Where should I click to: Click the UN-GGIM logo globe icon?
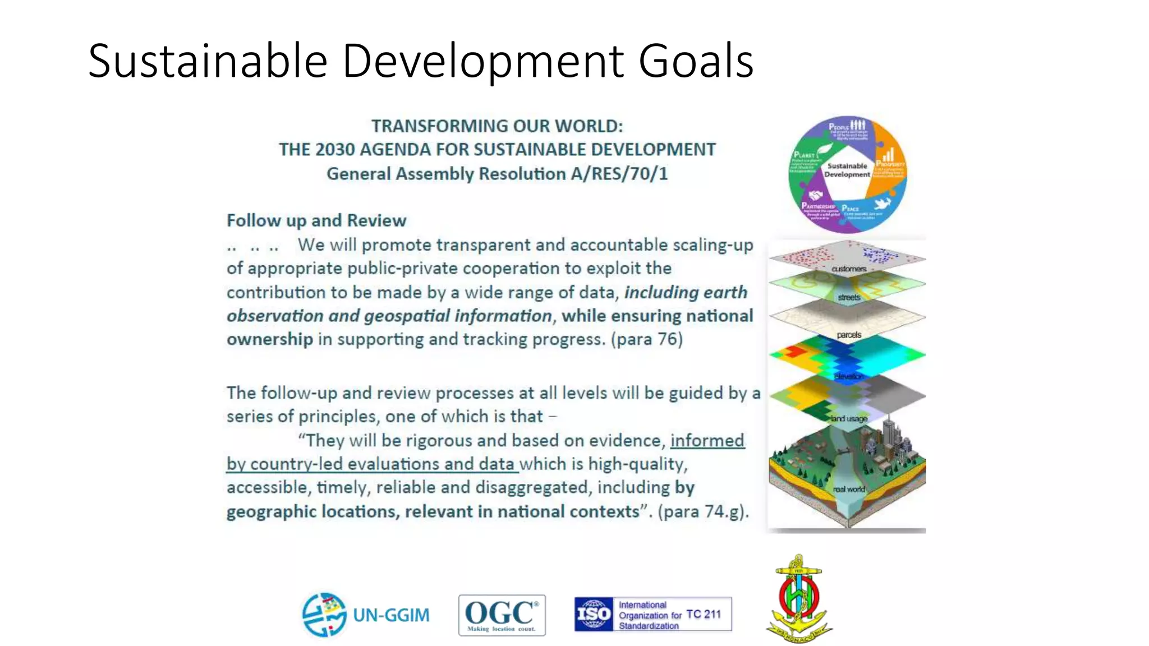(x=324, y=615)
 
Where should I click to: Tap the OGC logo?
(x=502, y=615)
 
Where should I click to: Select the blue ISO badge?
(x=594, y=614)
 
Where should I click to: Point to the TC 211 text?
(x=704, y=614)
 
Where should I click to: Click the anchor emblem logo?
(x=798, y=599)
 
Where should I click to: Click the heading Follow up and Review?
(x=316, y=220)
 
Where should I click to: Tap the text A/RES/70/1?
(x=619, y=174)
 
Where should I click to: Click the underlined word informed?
(x=707, y=440)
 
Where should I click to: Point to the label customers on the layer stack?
(x=849, y=269)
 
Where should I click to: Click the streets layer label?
(x=849, y=297)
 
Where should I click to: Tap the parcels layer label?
(x=849, y=335)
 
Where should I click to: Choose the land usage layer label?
(x=849, y=418)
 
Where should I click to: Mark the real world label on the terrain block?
(x=849, y=489)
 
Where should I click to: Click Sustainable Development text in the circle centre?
(x=847, y=170)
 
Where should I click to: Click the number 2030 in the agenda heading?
(x=335, y=150)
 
